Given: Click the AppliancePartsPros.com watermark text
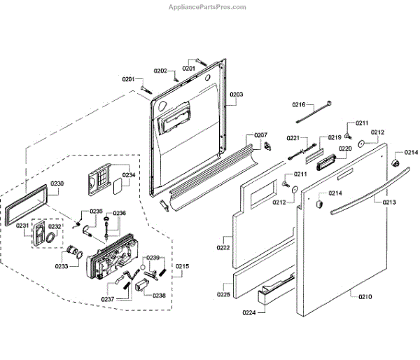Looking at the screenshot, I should tap(207, 7).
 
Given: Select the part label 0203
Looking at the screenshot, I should tap(237, 95).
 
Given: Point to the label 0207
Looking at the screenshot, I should tap(260, 134).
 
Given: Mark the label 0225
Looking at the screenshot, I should tap(223, 294).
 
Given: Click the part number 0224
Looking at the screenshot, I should tap(250, 312).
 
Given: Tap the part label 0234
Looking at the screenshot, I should tap(129, 175).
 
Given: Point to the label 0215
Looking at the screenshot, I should tap(183, 267).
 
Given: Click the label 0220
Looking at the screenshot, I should tap(345, 148).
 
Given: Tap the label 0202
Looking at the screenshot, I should tap(160, 71).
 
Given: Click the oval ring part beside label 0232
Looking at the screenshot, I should tap(51, 237).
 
